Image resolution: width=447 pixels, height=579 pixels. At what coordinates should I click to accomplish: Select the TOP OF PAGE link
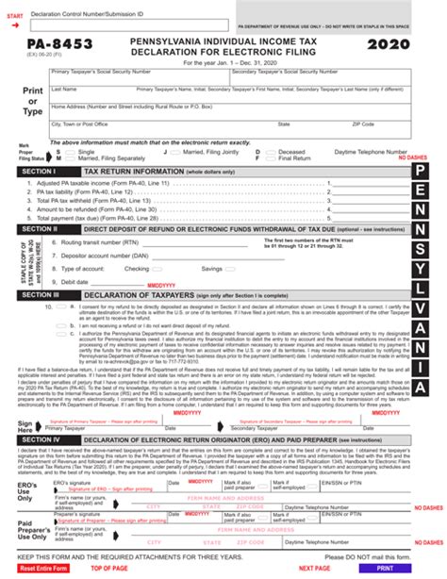point(108,569)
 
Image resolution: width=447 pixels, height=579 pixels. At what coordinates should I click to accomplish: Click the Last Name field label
point(65,89)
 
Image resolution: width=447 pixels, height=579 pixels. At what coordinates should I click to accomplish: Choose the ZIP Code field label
point(363,124)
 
